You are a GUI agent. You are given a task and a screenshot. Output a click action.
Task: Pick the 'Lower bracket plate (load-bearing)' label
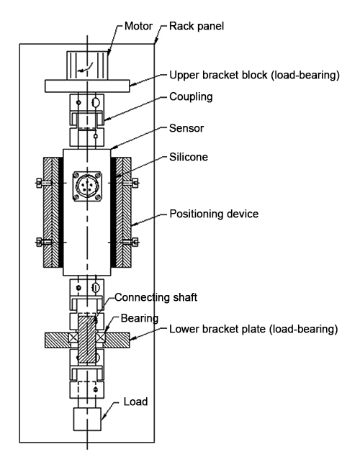pyautogui.click(x=253, y=330)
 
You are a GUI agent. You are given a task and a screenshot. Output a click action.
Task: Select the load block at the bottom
pyautogui.click(x=88, y=419)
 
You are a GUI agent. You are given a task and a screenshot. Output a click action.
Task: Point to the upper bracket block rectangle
pyautogui.click(x=86, y=86)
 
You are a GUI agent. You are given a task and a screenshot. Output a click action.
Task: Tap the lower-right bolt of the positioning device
pyautogui.click(x=135, y=241)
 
